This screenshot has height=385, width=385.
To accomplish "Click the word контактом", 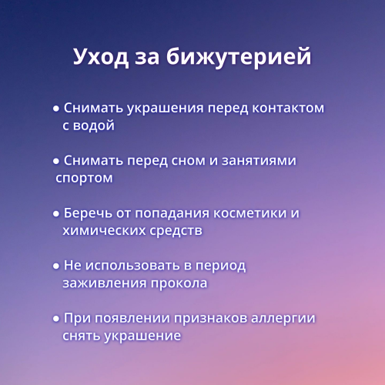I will click(283, 109).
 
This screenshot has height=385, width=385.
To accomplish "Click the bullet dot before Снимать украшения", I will click(56, 109).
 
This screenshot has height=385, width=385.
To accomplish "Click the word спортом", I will click(84, 178).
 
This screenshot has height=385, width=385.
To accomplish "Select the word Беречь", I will click(90, 213).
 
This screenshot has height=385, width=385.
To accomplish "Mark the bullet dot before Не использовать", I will click(56, 266).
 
